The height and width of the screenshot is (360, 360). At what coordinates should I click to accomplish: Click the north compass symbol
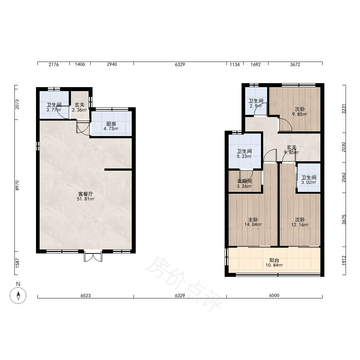pyautogui.click(x=18, y=295)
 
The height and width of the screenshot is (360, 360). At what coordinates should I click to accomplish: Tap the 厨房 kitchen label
pyautogui.click(x=111, y=124)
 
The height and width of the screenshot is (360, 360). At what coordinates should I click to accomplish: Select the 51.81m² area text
pyautogui.click(x=86, y=199)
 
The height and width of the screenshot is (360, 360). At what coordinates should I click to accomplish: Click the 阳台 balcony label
pyautogui.click(x=274, y=260)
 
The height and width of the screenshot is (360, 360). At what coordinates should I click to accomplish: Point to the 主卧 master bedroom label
pyautogui.click(x=253, y=220)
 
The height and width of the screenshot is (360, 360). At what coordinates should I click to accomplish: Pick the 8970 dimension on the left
pyautogui.click(x=17, y=185)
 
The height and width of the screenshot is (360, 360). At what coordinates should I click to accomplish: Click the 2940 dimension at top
pyautogui.click(x=112, y=64)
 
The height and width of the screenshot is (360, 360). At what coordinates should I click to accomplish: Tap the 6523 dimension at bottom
pyautogui.click(x=86, y=296)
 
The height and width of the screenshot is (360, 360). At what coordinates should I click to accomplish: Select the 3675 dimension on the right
pyautogui.click(x=344, y=220)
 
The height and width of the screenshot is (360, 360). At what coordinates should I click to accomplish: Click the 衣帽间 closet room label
pyautogui.click(x=244, y=181)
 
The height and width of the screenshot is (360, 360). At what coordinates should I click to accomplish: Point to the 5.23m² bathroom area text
pyautogui.click(x=244, y=156)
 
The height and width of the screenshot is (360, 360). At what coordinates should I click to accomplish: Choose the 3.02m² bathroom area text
pyautogui.click(x=309, y=183)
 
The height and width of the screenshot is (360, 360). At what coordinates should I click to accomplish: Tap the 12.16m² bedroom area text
pyautogui.click(x=300, y=225)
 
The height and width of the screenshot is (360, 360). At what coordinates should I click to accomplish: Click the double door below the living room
pyautogui.click(x=93, y=256)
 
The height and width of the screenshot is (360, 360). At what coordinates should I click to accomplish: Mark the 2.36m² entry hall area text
pyautogui.click(x=80, y=110)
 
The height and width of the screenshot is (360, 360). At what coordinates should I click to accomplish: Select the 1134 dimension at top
pyautogui.click(x=235, y=64)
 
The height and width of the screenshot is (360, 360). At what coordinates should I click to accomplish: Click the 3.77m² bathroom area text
pyautogui.click(x=54, y=110)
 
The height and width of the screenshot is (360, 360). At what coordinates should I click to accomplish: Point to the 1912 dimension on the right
pyautogui.click(x=344, y=261)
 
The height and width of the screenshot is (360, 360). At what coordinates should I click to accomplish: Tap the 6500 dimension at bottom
pyautogui.click(x=274, y=295)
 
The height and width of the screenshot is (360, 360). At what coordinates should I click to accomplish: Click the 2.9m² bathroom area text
pyautogui.click(x=256, y=106)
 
